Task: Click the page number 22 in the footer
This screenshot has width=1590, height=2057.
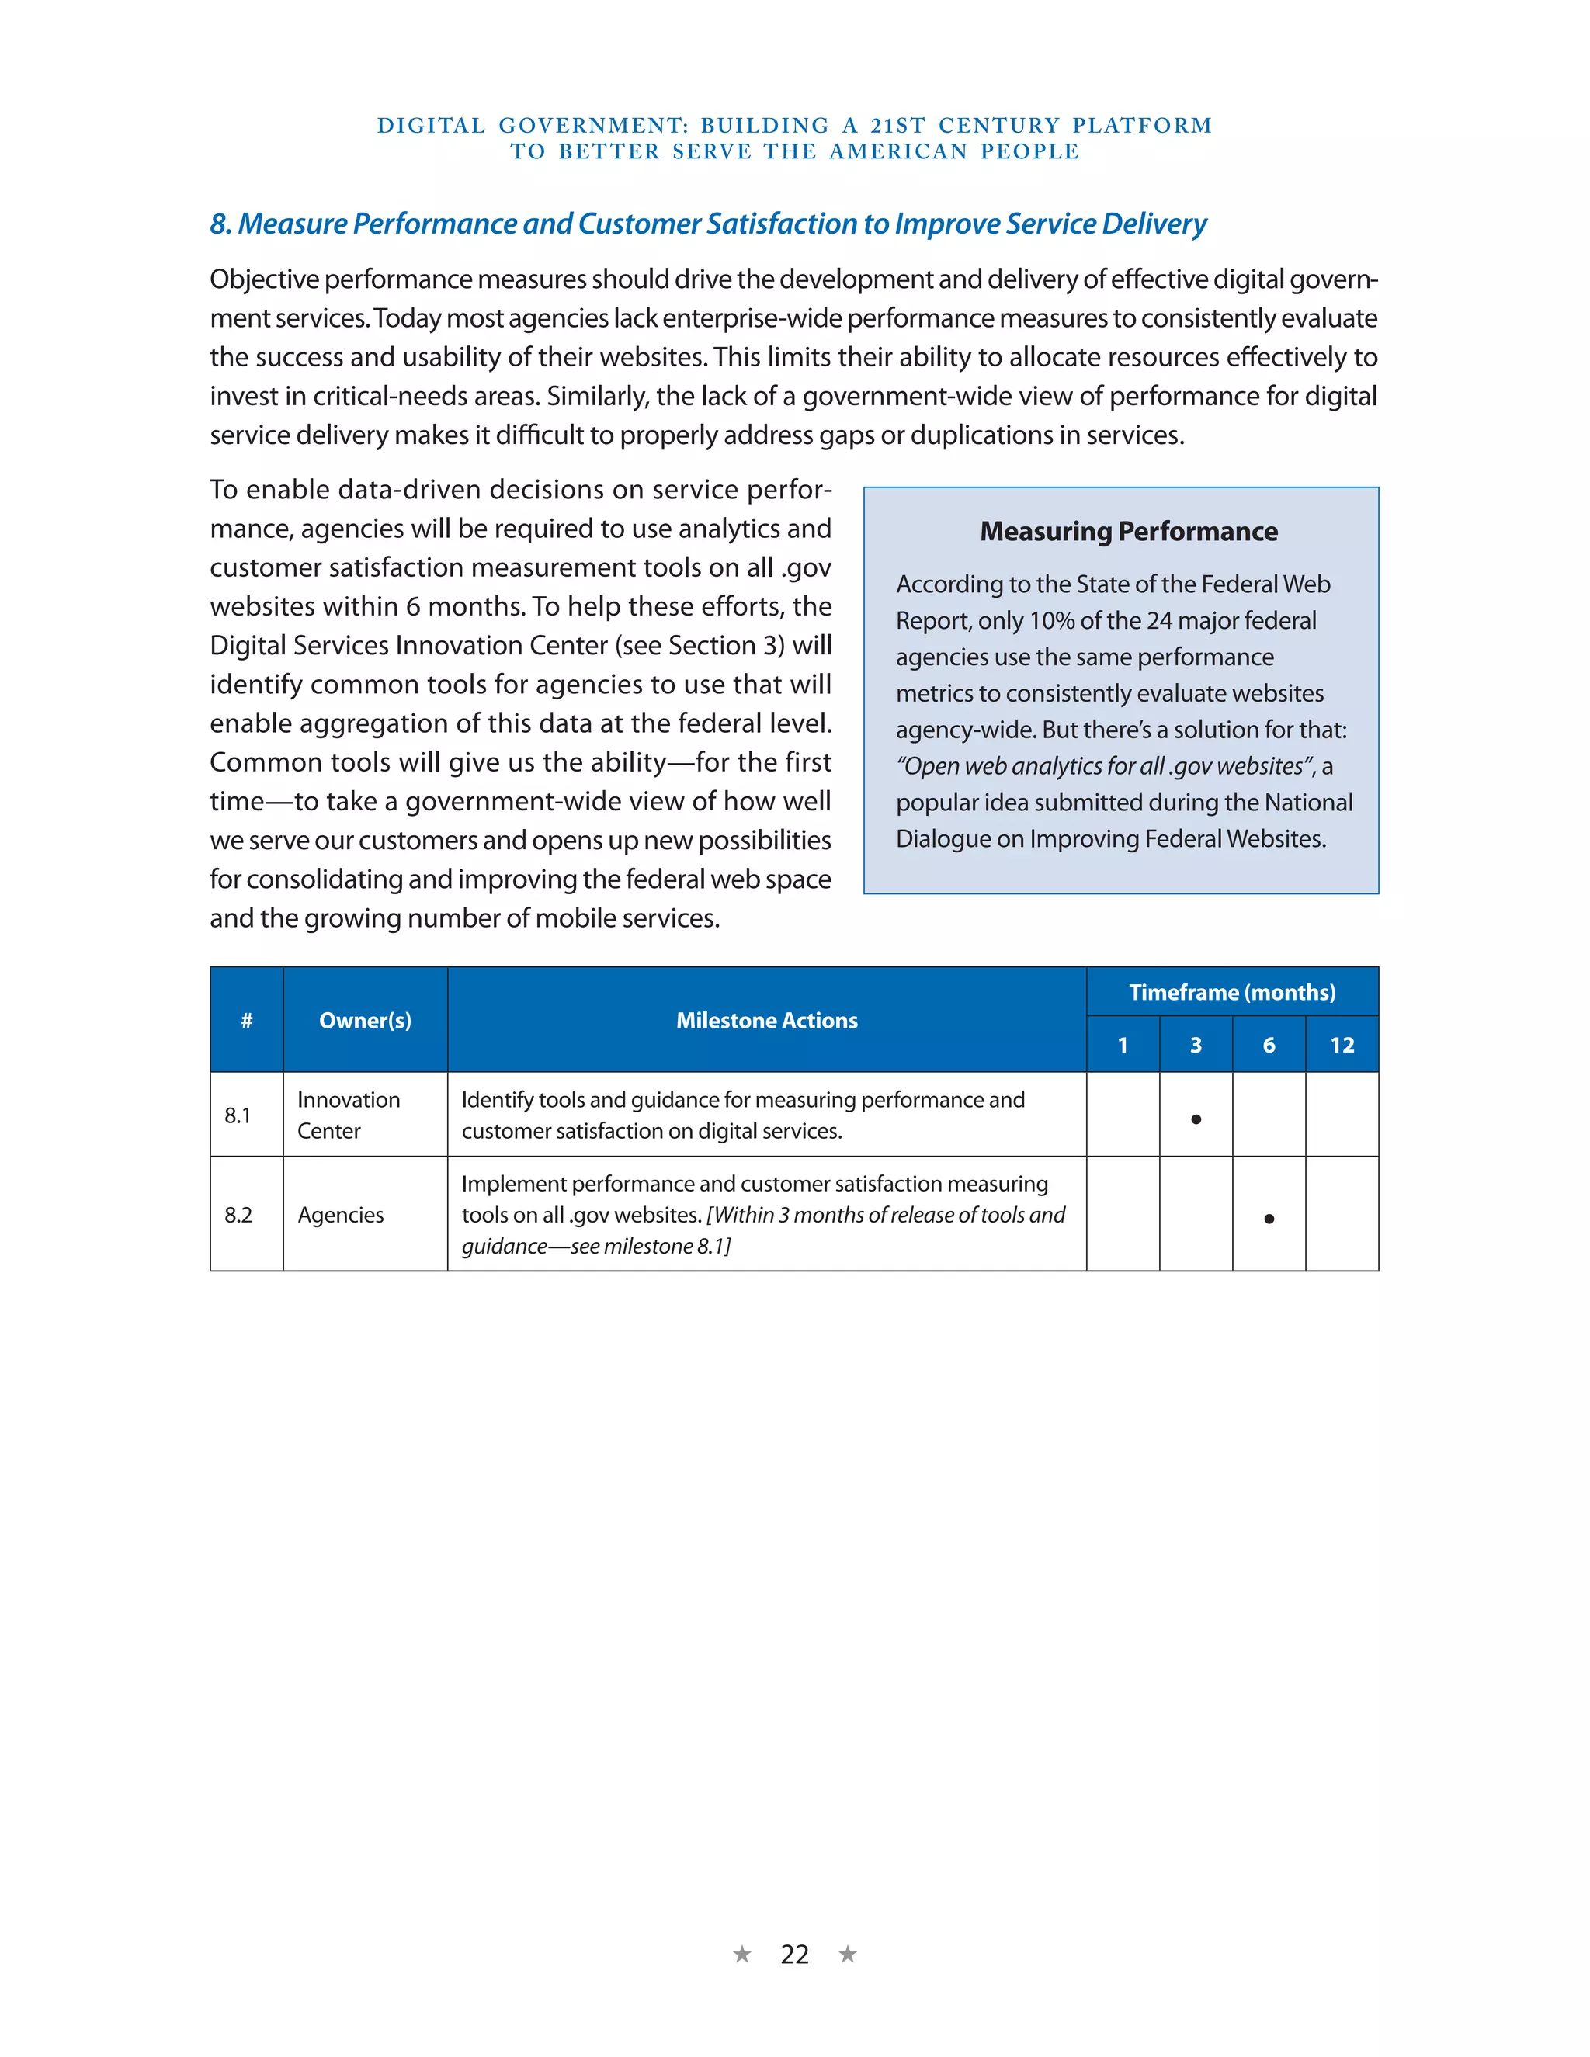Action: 794,1955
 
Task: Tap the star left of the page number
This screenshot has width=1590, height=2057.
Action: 742,1955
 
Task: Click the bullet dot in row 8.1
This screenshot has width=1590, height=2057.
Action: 1196,1119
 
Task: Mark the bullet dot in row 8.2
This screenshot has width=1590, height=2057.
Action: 1269,1219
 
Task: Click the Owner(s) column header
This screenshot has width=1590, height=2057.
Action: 365,1020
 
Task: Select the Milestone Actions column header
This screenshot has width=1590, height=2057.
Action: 767,1020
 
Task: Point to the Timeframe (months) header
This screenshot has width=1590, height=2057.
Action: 1232,992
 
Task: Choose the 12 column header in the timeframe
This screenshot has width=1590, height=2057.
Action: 1342,1045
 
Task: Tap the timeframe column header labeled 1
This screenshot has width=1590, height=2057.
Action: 1122,1045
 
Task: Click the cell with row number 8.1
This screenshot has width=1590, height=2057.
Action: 238,1115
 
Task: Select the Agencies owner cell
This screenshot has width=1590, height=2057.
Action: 341,1215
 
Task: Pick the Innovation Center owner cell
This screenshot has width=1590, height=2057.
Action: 348,1115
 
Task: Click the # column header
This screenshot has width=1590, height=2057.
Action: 247,1020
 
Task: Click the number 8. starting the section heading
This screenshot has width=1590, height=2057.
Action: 220,224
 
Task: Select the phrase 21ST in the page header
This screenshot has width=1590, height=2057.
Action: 897,125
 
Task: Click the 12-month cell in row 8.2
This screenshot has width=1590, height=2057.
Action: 1342,1214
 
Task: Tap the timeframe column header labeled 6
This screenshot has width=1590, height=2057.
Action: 1269,1045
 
